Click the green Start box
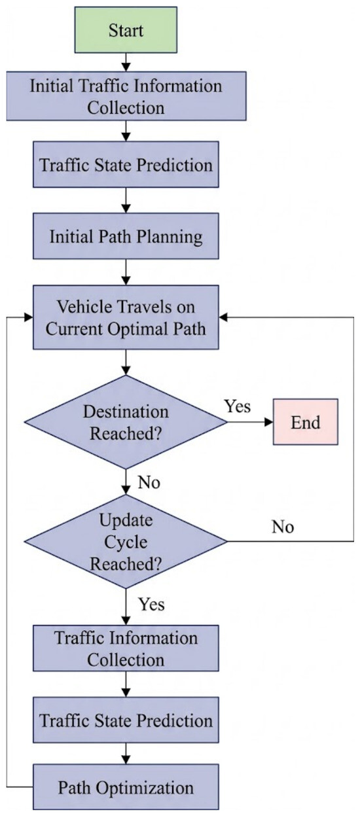click(x=126, y=30)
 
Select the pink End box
click(x=306, y=422)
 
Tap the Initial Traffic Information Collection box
click(x=126, y=96)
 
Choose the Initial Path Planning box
click(x=126, y=236)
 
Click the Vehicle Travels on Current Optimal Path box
click(x=126, y=317)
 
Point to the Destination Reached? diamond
click(x=126, y=422)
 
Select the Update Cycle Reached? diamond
click(x=126, y=541)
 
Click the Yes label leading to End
click(x=238, y=406)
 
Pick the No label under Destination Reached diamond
click(x=149, y=482)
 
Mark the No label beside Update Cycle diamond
click(x=283, y=527)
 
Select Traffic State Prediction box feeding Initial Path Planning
click(x=126, y=165)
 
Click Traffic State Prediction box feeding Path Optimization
click(x=126, y=720)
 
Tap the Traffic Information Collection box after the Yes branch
click(x=126, y=648)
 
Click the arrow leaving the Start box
click(x=126, y=62)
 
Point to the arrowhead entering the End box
click(x=269, y=422)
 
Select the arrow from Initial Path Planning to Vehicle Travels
click(x=126, y=272)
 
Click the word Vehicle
click(x=83, y=307)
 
